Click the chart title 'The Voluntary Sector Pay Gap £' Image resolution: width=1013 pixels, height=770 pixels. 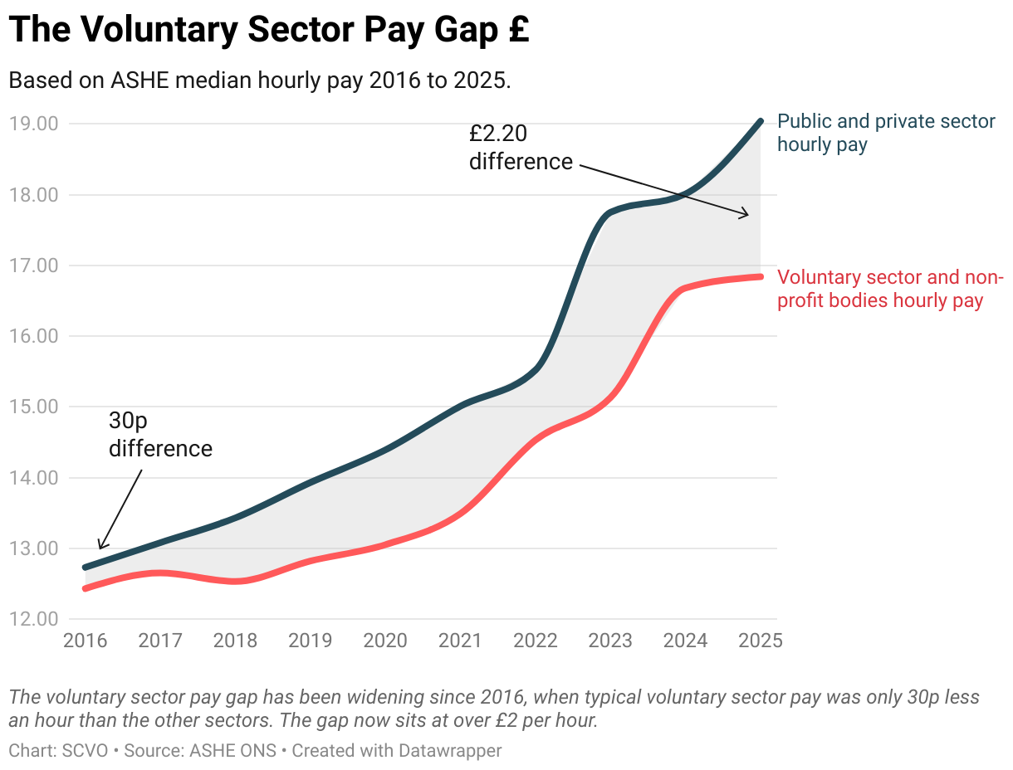point(269,31)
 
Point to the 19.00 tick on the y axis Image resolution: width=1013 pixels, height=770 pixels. point(34,124)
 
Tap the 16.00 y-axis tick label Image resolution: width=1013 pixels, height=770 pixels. point(34,336)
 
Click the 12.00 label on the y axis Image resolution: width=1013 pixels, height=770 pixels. point(34,619)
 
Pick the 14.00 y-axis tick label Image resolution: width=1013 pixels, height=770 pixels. point(34,478)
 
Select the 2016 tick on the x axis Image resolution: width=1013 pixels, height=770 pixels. point(85,641)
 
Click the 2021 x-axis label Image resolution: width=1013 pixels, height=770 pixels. point(460,641)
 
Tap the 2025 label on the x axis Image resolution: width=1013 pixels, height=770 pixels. point(761,641)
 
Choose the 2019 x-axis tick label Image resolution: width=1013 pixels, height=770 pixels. point(310,641)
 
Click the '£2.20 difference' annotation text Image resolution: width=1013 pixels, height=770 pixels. point(521,147)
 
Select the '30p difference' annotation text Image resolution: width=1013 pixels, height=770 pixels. point(160,434)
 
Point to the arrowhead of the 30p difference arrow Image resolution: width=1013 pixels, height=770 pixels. point(100,547)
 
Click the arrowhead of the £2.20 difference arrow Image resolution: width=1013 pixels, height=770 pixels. point(746,215)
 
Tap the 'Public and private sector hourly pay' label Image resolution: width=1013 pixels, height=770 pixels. point(885,133)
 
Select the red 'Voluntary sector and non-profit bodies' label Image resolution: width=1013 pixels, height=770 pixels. point(890,289)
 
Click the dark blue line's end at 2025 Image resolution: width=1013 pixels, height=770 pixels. point(760,121)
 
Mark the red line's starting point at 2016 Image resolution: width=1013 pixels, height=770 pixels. point(86,588)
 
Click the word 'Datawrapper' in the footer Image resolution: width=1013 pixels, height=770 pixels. point(452,750)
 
